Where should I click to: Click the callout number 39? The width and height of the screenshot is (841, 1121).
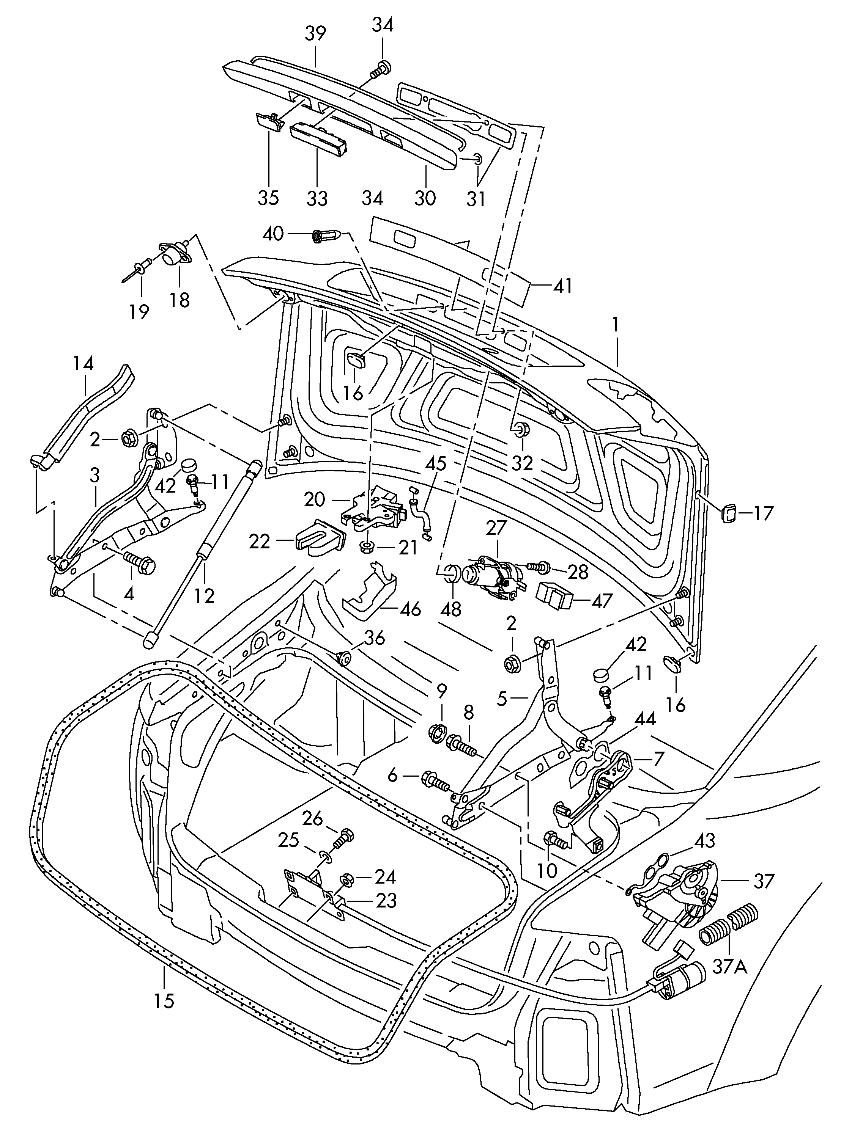pyautogui.click(x=315, y=35)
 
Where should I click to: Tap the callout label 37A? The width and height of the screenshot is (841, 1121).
pyautogui.click(x=729, y=967)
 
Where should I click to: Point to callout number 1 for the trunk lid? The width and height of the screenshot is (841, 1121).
pyautogui.click(x=616, y=324)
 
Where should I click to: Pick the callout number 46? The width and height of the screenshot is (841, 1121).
pyautogui.click(x=410, y=609)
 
